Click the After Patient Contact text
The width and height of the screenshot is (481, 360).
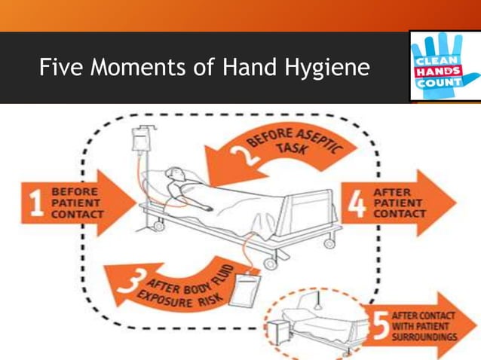(400, 202)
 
